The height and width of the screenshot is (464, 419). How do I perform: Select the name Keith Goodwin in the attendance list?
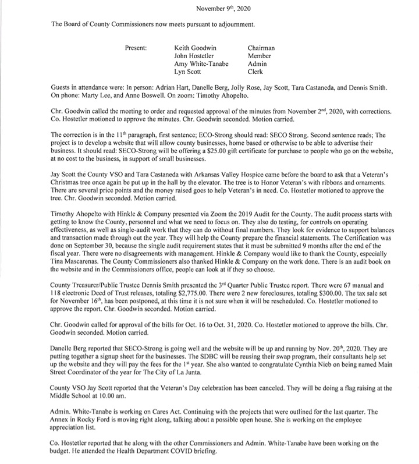pyautogui.click(x=194, y=49)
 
